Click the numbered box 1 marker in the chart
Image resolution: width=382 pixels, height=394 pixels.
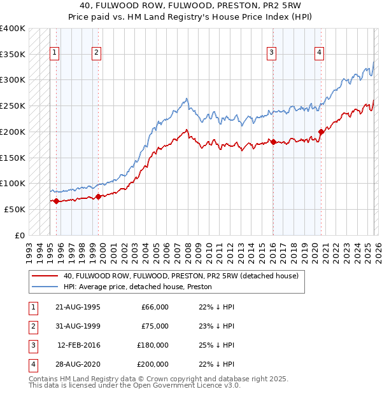tap(55, 53)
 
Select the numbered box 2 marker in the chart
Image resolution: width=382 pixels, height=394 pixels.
tap(96, 53)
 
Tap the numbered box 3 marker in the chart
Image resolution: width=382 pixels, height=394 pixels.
tap(272, 53)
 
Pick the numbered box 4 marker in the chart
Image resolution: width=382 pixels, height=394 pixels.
tap(318, 53)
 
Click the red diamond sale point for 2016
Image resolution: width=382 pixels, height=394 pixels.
tap(272, 142)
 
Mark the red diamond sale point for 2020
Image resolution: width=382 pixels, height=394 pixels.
tap(321, 132)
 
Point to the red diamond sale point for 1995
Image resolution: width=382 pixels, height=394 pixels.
tap(56, 201)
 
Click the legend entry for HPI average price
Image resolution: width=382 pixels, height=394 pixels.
tap(138, 287)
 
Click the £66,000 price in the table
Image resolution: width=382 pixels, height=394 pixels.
tap(153, 307)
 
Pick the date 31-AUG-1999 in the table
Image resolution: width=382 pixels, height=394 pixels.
tap(78, 326)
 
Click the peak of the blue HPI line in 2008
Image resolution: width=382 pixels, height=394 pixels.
tap(186, 98)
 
